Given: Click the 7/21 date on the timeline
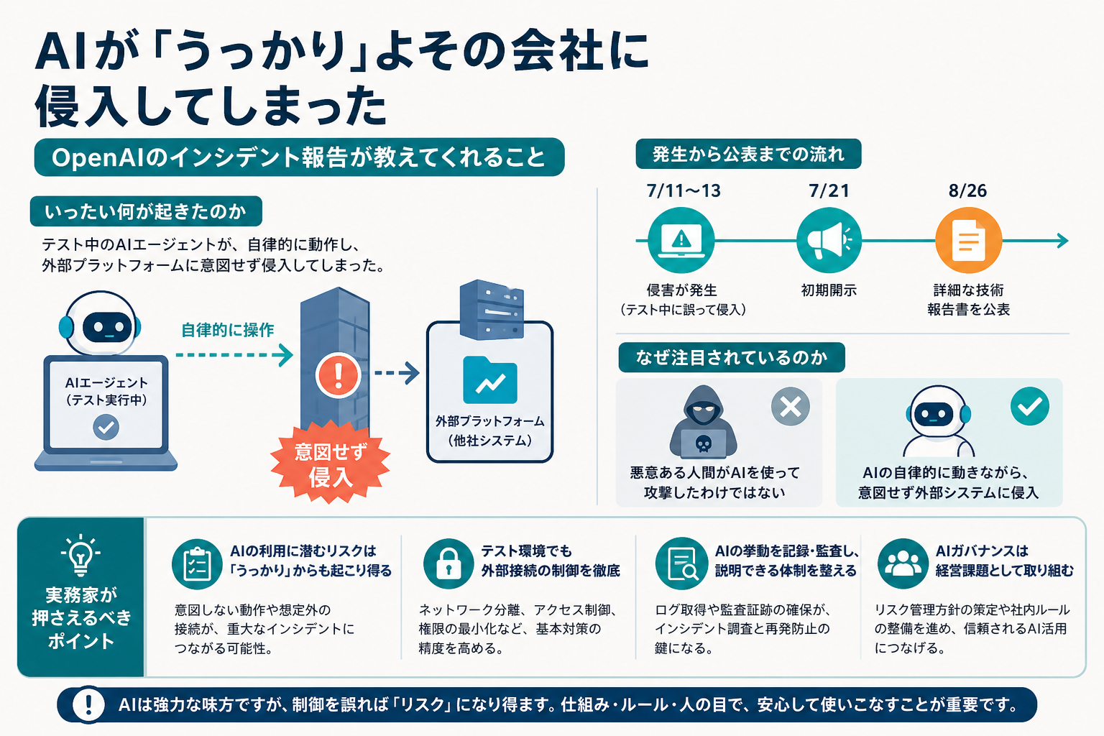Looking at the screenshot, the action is point(829,190).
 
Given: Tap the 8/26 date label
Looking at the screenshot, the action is point(967,190).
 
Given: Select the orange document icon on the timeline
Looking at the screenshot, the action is point(968,241).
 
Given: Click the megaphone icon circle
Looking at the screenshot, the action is point(829,241).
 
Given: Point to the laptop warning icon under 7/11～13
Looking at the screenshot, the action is point(681,241).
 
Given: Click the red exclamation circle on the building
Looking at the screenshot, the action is point(338,375).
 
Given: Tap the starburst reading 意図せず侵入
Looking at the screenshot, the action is point(330,462).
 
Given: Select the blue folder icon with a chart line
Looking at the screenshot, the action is point(490,379).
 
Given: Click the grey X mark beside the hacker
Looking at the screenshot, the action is point(791,407).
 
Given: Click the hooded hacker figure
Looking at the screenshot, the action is point(704,422).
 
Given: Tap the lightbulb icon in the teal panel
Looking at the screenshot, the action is point(80,555).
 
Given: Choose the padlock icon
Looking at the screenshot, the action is point(448,563).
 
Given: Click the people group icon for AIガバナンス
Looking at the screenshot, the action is point(903,563).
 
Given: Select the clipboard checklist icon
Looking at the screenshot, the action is point(197,563).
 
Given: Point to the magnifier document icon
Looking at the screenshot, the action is point(681,563).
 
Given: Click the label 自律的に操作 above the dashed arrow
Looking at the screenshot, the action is point(228,330).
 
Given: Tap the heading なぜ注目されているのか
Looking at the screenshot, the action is point(732,357).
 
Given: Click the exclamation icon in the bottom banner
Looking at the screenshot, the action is point(88,704).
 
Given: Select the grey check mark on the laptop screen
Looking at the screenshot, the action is point(106,427).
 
